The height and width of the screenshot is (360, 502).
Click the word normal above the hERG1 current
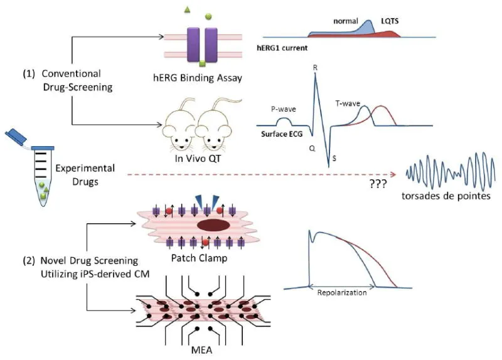coord(346,21)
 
